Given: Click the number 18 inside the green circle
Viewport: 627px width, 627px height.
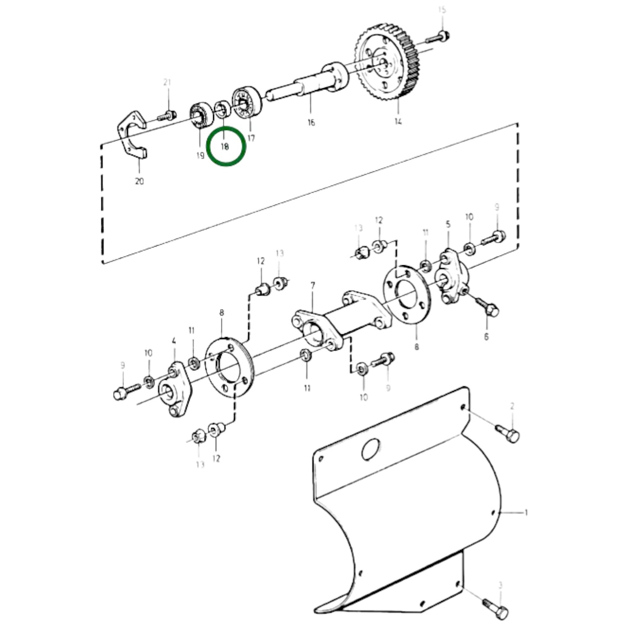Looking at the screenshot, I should pos(225,147).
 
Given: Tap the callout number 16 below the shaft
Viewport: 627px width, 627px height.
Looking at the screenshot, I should pos(311,123).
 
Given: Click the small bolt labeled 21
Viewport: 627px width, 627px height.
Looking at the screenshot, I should pos(167,116).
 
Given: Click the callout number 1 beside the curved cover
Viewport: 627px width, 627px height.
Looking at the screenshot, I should pos(526,513).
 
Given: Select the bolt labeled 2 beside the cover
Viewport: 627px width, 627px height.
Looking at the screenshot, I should pos(508,433).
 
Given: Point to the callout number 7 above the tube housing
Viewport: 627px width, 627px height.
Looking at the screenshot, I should pos(312,286).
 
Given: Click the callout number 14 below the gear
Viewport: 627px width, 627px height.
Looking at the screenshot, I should pos(398,121).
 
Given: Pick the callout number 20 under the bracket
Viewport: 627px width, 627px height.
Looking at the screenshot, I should pos(139,181).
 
